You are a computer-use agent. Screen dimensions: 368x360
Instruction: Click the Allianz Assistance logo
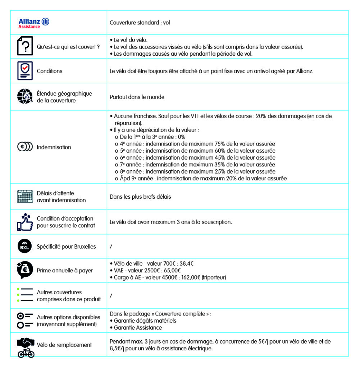[x=34, y=23]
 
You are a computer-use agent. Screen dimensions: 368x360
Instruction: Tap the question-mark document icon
[x=25, y=46]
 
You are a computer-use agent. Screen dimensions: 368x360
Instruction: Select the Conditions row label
[x=50, y=71]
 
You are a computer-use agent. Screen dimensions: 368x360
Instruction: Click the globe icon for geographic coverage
[x=25, y=97]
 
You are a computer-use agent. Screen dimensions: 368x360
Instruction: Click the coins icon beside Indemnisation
[x=25, y=147]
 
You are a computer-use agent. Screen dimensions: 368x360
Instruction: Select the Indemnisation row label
[x=54, y=147]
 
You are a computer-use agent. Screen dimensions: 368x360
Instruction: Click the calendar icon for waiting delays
[x=25, y=196]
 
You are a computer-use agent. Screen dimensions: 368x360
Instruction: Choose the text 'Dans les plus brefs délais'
[x=140, y=197]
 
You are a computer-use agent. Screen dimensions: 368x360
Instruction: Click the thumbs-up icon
[x=25, y=222]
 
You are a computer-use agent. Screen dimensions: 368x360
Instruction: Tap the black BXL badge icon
[x=25, y=246]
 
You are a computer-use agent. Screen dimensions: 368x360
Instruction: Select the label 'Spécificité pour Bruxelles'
[x=66, y=247]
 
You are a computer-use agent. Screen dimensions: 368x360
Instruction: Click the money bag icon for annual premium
[x=25, y=270]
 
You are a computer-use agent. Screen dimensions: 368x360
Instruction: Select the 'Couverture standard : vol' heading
[x=140, y=23]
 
